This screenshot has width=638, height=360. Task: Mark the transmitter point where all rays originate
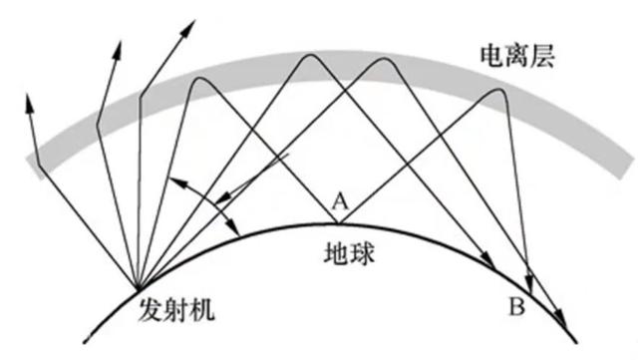(138, 285)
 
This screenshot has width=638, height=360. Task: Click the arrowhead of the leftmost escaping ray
(28, 96)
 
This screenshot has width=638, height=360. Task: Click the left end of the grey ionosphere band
(33, 170)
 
